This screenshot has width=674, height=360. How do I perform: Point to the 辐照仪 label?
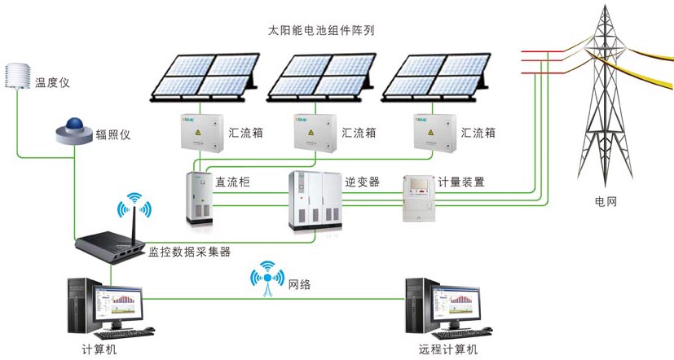[x=113, y=134]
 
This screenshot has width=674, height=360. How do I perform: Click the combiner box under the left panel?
[x=200, y=134]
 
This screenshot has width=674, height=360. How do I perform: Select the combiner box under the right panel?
[x=434, y=134]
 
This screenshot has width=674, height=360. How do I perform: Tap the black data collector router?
[x=110, y=240]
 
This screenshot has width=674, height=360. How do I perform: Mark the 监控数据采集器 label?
[x=189, y=252]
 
